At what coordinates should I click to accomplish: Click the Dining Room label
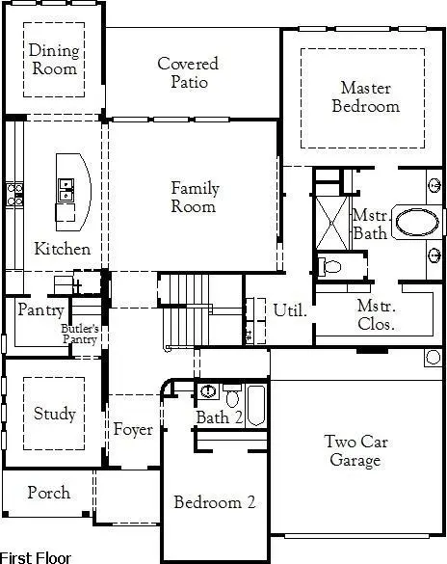point(53,60)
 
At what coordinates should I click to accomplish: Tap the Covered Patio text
point(188,72)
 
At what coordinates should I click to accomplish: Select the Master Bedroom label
point(365,97)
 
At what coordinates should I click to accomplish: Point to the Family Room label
point(195,198)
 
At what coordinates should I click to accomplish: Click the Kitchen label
point(63,249)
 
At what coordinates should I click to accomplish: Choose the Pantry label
point(40,310)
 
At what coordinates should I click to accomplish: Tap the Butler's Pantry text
point(81,334)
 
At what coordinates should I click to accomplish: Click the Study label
point(54,414)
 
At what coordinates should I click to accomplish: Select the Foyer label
point(133,429)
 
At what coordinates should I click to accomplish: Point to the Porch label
point(48,493)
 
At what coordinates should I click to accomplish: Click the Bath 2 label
point(213,417)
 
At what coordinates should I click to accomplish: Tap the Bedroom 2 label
point(214,502)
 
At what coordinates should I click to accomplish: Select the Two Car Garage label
point(356,451)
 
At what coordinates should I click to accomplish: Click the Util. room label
point(290,310)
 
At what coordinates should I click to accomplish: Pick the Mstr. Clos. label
point(376,315)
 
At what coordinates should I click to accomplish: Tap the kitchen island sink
point(66,190)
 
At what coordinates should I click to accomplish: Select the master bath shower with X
point(329,222)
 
